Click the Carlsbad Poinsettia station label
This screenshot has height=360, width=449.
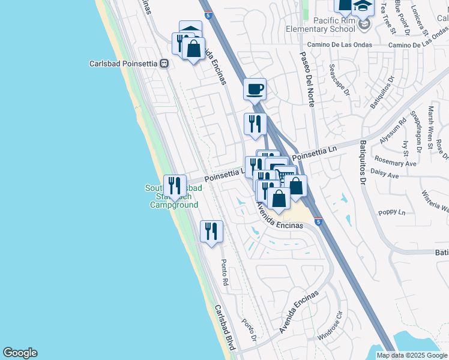tap(123, 63)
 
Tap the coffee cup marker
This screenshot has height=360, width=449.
tap(255, 89)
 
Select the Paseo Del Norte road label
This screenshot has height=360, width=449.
tap(307, 79)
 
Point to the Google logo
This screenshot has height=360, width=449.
tap(20, 353)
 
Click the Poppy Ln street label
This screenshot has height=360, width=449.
tap(392, 213)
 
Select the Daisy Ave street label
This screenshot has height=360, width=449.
tap(386, 176)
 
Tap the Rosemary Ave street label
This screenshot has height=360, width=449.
tap(395, 163)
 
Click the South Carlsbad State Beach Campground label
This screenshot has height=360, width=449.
tap(173, 196)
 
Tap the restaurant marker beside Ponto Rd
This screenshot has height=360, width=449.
tap(211, 230)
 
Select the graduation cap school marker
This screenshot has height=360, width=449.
tap(363, 8)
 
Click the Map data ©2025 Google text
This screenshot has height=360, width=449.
tap(411, 355)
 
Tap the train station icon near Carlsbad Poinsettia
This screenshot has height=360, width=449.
tap(164, 63)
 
